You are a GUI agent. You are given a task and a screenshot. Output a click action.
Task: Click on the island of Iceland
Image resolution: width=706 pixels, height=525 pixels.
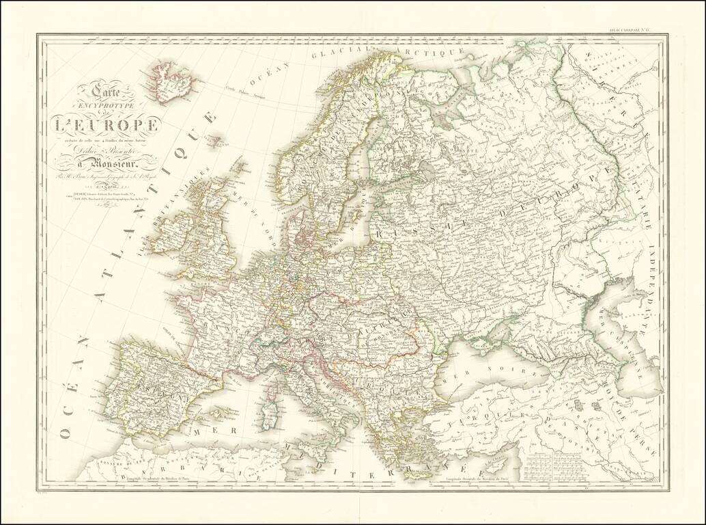[x=171, y=83]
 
